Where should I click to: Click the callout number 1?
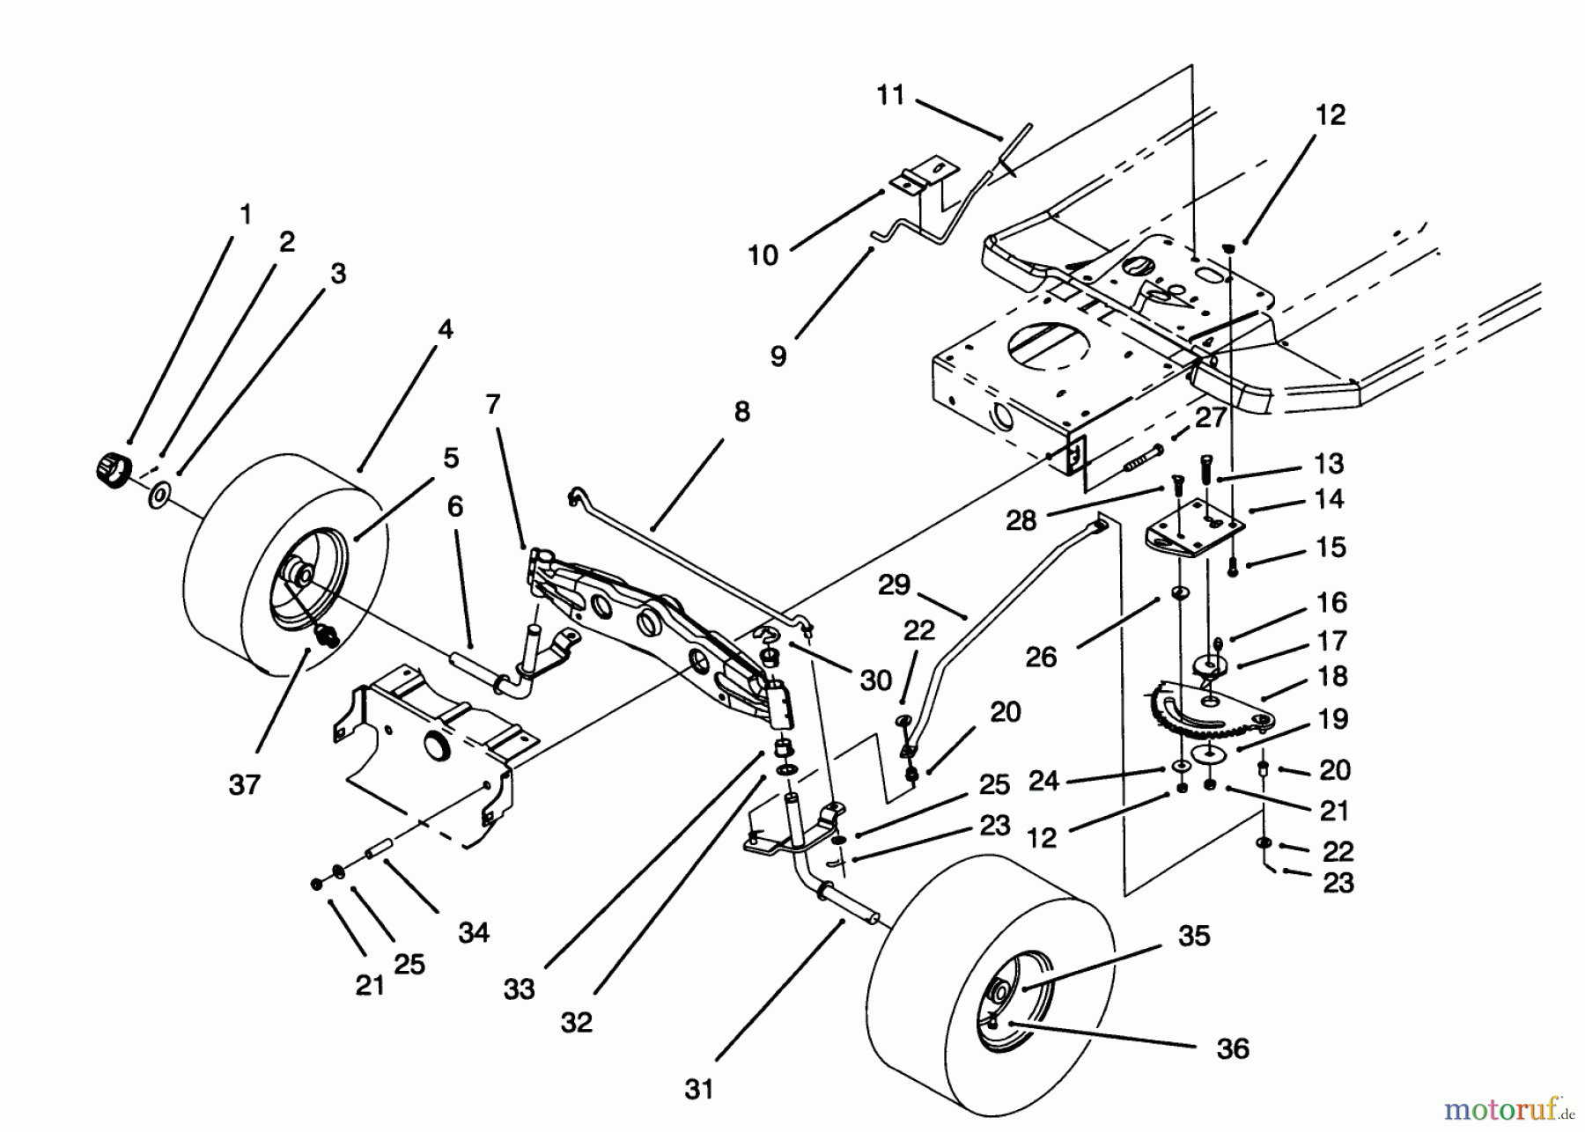tap(246, 214)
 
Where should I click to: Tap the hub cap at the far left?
tap(111, 465)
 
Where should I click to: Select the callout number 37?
tap(245, 784)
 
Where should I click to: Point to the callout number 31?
tap(698, 1090)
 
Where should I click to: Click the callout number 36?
tap(1233, 1048)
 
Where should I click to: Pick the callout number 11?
tap(891, 95)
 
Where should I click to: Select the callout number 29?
tap(895, 585)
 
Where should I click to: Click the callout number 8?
tap(741, 411)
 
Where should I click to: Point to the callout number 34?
tap(474, 932)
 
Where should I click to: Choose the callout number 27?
tap(1212, 417)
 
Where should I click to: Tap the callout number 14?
tap(1329, 499)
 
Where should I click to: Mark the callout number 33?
tap(520, 989)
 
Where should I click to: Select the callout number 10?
tap(763, 256)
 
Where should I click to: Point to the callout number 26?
tap(1041, 657)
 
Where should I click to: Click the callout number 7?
tap(492, 405)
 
